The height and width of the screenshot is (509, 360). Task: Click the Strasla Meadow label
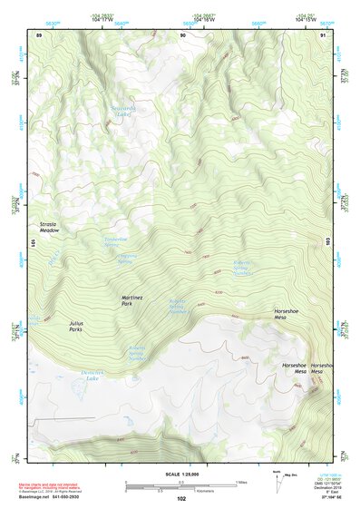49,227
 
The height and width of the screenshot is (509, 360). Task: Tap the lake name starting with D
92,376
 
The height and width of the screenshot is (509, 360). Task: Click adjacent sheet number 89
39,35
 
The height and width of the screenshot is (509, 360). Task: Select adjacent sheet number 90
182,35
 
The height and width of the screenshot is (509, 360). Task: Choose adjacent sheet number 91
324,35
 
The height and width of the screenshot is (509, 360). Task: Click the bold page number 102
181,498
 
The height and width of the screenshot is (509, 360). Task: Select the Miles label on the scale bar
241,481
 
